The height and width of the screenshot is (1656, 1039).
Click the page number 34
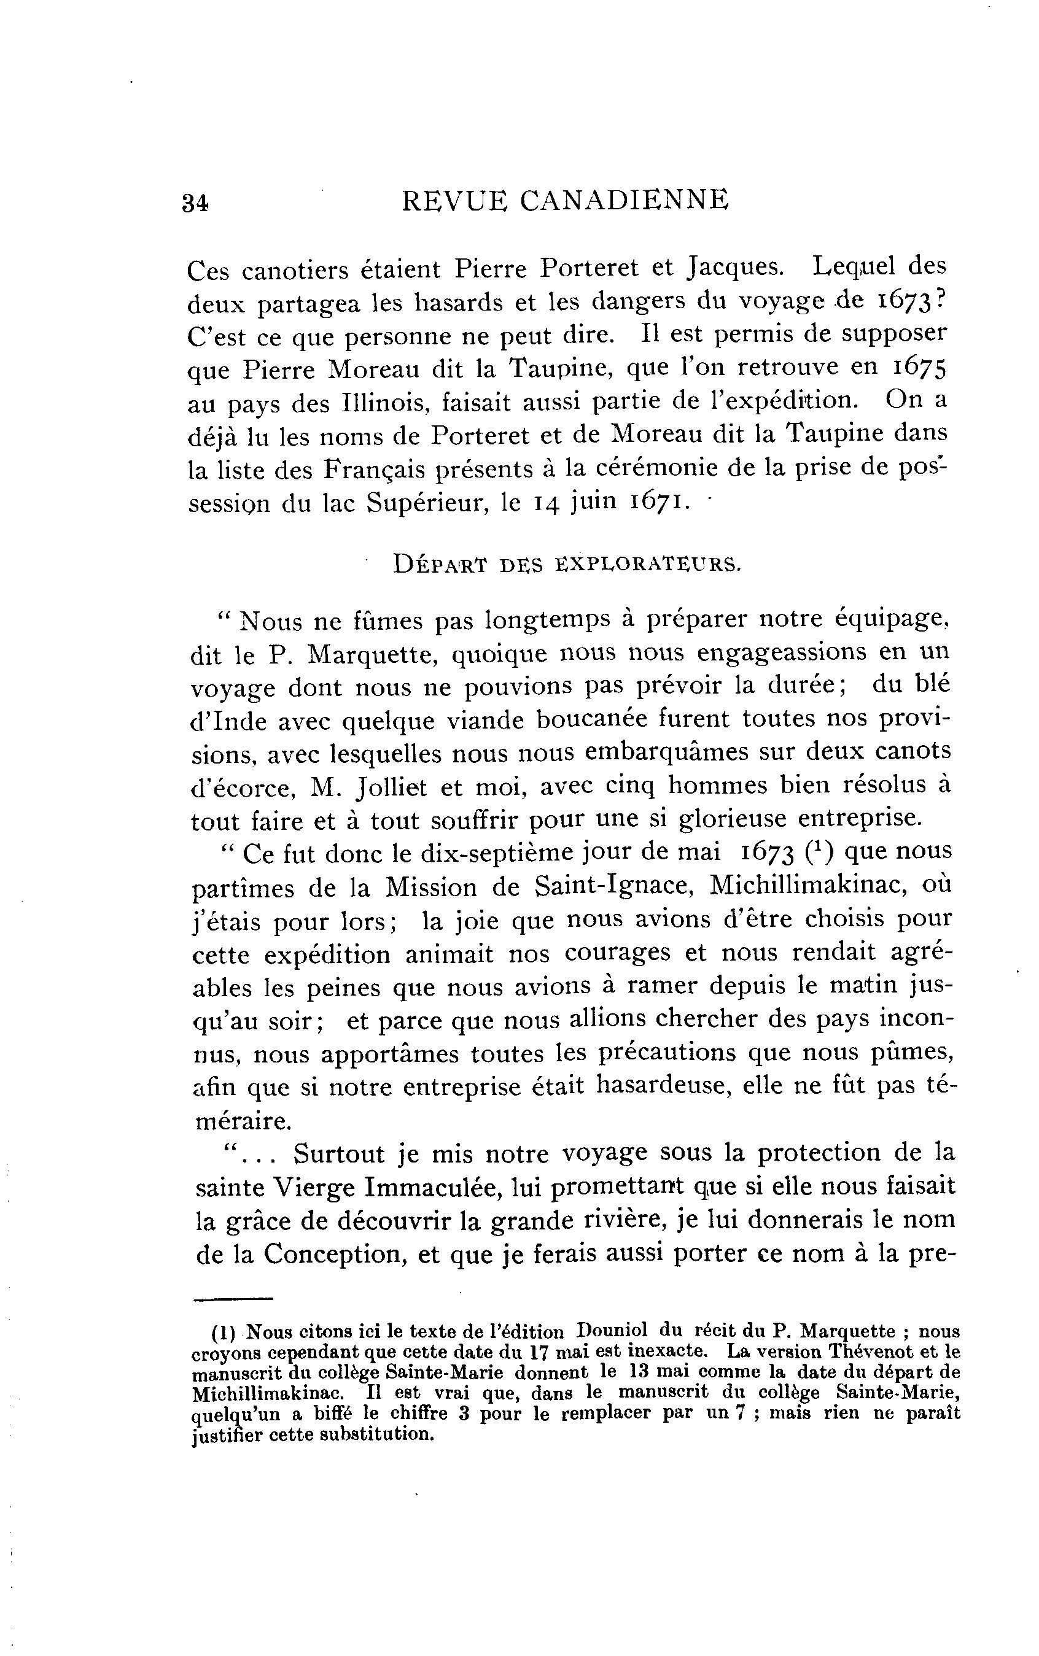(195, 203)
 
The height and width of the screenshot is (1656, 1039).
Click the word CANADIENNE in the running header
(624, 200)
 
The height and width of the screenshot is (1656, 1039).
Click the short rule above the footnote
(233, 1299)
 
